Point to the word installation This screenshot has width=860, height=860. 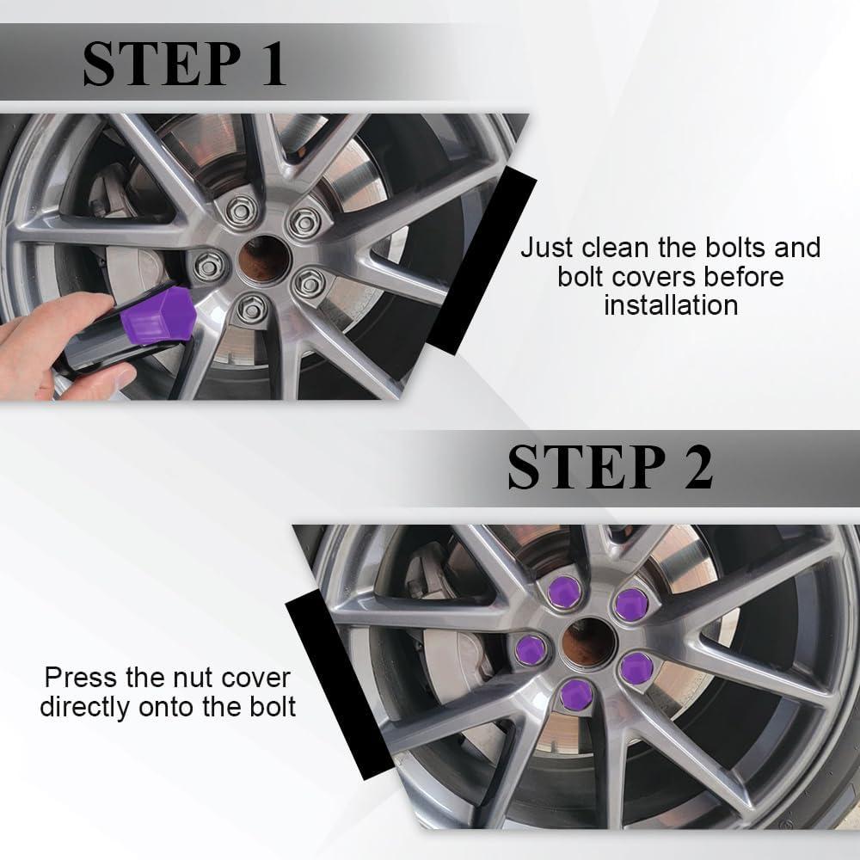pyautogui.click(x=671, y=305)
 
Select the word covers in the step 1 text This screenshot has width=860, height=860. pyautogui.click(x=654, y=276)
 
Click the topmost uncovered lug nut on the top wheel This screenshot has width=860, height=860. pyautogui.click(x=241, y=210)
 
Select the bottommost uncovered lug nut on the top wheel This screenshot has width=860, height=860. pyautogui.click(x=253, y=310)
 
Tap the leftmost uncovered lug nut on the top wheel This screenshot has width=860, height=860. pyautogui.click(x=209, y=267)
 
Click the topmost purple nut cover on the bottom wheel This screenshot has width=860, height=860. pyautogui.click(x=564, y=593)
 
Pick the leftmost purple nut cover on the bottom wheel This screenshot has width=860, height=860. pyautogui.click(x=531, y=650)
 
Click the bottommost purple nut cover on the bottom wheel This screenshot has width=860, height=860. pyautogui.click(x=576, y=694)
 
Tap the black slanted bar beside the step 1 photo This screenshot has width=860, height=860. pyautogui.click(x=482, y=261)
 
